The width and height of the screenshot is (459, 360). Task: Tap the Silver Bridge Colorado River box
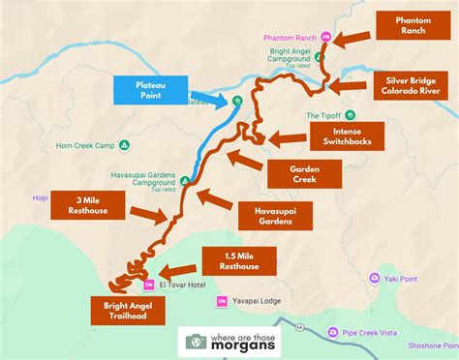413,85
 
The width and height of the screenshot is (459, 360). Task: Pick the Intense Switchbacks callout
345,136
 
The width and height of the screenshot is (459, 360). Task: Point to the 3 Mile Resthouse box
82,206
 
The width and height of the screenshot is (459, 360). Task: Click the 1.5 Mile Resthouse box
238,260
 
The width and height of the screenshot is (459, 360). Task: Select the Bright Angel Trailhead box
128,311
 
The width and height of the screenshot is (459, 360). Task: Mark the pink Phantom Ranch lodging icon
326,37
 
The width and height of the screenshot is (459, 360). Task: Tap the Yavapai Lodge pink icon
222,300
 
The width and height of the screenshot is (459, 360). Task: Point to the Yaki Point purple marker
375,278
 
